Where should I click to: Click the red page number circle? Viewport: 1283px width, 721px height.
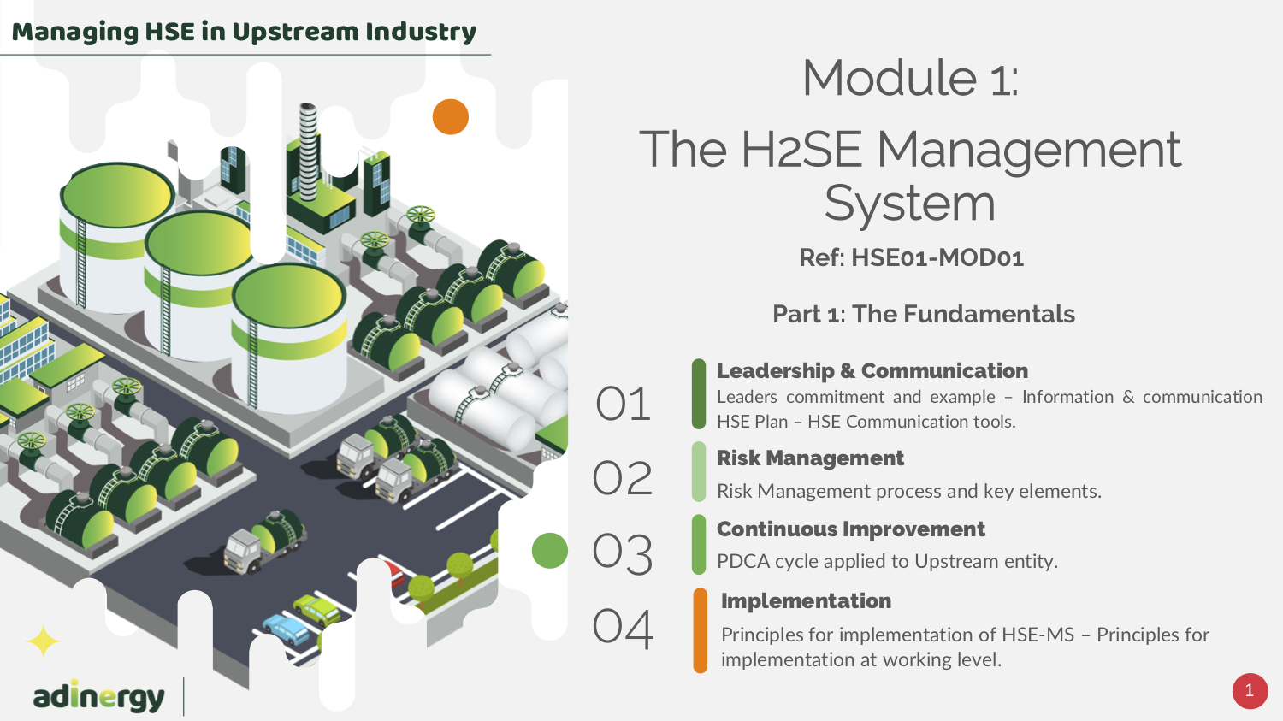[x=1250, y=691]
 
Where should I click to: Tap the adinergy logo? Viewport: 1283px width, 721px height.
[x=98, y=696]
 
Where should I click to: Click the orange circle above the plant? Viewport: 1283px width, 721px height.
[x=450, y=117]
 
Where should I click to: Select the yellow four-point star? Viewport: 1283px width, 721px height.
[x=43, y=641]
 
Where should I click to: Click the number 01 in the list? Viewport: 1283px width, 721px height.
[x=624, y=404]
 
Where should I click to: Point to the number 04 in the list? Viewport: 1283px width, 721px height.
[x=624, y=628]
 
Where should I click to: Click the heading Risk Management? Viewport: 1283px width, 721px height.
[x=810, y=458]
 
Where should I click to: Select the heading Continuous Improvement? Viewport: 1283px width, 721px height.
[x=850, y=529]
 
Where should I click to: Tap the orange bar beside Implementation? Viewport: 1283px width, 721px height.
[x=700, y=630]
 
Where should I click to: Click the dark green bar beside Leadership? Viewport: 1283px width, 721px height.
[x=699, y=394]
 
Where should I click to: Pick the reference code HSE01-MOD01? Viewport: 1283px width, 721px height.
[x=937, y=257]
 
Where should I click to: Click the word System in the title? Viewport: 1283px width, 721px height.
[x=909, y=204]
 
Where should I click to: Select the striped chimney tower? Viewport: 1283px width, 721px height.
[x=308, y=151]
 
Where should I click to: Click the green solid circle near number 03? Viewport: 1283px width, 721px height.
[x=550, y=550]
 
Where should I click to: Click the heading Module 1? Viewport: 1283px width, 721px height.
[x=911, y=78]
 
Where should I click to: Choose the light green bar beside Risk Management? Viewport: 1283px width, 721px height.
[x=699, y=472]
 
